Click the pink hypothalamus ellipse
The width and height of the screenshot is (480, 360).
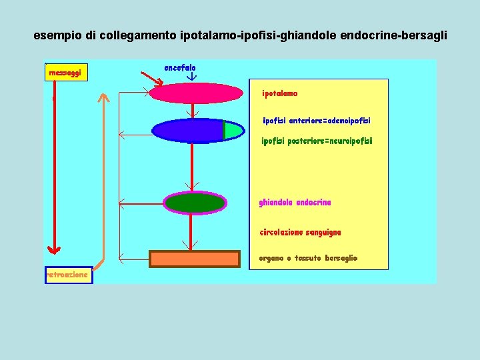tap(195, 93)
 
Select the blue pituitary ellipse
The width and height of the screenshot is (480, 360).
tap(189, 131)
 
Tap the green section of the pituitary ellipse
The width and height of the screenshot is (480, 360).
tap(231, 131)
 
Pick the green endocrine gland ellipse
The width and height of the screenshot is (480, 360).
tap(195, 202)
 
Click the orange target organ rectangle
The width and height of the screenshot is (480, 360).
tap(194, 259)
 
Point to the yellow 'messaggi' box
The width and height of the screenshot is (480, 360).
tap(66, 72)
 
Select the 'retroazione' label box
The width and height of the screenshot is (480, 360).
tap(68, 275)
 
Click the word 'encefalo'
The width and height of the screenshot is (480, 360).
tap(179, 68)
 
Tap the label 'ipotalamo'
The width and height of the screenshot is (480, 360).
tap(280, 94)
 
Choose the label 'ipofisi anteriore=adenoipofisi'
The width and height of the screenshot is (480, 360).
tap(316, 121)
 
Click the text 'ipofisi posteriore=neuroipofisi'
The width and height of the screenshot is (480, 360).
tap(317, 141)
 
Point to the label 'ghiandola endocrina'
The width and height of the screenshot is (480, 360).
tap(295, 203)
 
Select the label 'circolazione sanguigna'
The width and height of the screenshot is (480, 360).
tap(300, 233)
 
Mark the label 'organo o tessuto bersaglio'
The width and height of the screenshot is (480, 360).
tap(308, 258)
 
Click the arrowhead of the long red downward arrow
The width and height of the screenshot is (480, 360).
tap(54, 249)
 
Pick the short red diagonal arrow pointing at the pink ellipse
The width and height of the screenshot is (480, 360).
tap(154, 81)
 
